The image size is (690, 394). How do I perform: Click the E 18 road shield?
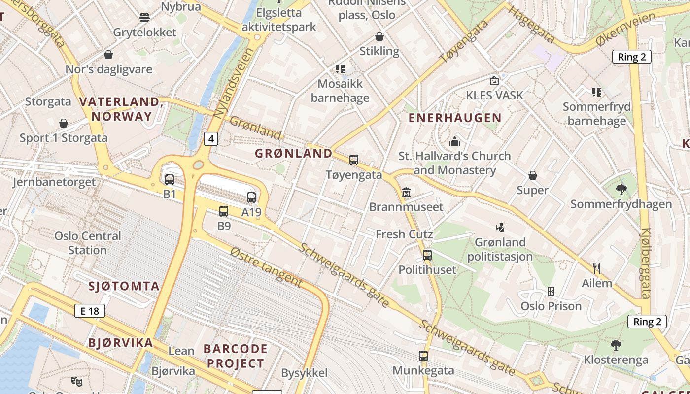click(x=90, y=311)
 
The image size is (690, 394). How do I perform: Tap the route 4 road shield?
click(x=211, y=139)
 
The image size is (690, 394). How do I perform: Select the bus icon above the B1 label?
click(x=170, y=180)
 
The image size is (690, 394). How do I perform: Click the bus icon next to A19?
click(x=251, y=197)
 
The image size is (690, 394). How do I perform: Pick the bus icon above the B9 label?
click(x=224, y=211)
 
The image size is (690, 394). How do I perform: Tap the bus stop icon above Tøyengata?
click(x=354, y=160)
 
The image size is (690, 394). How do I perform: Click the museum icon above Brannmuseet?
click(x=406, y=192)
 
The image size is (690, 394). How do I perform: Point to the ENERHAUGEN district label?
click(x=455, y=118)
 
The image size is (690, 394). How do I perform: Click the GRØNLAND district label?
click(x=294, y=153)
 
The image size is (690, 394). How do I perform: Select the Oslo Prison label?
click(x=552, y=306)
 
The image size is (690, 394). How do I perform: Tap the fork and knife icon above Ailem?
click(x=597, y=268)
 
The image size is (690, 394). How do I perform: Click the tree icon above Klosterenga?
click(x=616, y=345)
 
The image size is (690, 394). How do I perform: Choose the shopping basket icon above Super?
click(x=533, y=175)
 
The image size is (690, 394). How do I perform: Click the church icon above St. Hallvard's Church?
click(x=454, y=141)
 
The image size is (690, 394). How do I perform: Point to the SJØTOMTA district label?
click(x=124, y=286)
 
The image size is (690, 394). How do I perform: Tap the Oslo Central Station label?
click(x=88, y=243)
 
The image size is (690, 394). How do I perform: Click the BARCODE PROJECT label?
click(x=236, y=356)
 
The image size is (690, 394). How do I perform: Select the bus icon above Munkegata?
click(x=423, y=356)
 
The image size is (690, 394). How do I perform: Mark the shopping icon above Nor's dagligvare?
click(x=108, y=55)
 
